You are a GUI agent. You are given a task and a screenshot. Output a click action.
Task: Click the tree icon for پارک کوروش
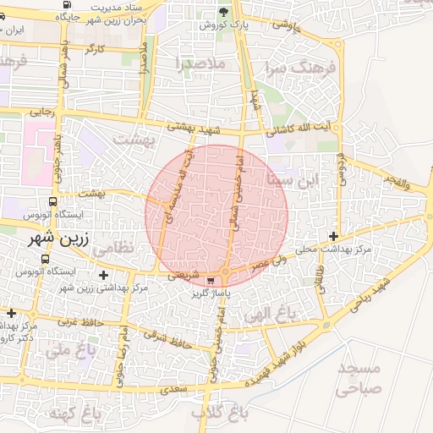[223, 11]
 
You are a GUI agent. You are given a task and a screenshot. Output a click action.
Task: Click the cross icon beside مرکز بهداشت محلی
[334, 236]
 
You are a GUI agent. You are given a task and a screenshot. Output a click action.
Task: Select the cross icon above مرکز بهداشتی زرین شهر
[103, 275]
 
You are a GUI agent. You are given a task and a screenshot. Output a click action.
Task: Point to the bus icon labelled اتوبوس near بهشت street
[53, 203]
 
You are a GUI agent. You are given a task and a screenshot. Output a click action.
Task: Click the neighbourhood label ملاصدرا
[200, 63]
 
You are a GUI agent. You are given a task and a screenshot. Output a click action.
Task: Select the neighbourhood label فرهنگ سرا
[299, 67]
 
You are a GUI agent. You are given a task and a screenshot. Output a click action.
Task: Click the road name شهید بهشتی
[194, 127]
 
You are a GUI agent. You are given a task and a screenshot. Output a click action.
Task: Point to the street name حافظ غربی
[75, 322]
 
